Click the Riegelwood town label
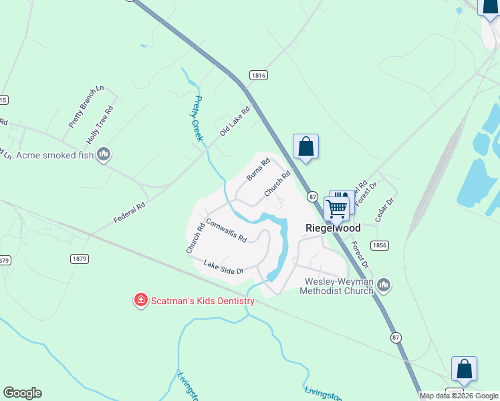333,228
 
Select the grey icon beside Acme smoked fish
103,155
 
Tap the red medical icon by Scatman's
140,300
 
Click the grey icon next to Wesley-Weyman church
384,285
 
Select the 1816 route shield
259,76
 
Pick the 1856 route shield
380,245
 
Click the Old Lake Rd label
235,122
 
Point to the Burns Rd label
257,168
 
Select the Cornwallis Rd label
226,230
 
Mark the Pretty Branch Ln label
86,107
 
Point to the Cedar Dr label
386,210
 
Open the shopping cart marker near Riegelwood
336,209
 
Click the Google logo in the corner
22,393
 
